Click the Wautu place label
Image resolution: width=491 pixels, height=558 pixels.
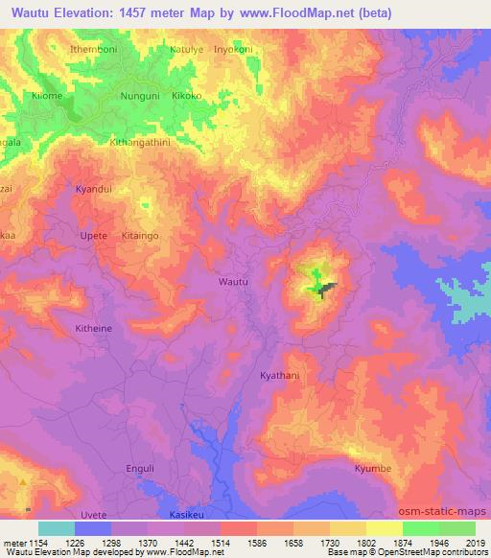click(234, 282)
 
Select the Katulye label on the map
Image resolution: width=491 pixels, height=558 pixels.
click(188, 48)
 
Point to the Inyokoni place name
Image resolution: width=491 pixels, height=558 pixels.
click(236, 48)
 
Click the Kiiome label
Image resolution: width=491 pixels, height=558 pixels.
click(47, 97)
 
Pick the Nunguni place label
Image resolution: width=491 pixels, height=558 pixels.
click(137, 97)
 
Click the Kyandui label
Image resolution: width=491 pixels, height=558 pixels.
click(94, 190)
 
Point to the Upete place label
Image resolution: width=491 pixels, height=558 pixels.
click(94, 234)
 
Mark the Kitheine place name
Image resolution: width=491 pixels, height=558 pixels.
click(94, 328)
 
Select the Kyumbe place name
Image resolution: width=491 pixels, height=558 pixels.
click(373, 469)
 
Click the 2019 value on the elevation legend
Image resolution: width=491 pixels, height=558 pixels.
click(476, 543)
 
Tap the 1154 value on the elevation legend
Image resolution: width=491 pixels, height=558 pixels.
click(38, 543)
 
